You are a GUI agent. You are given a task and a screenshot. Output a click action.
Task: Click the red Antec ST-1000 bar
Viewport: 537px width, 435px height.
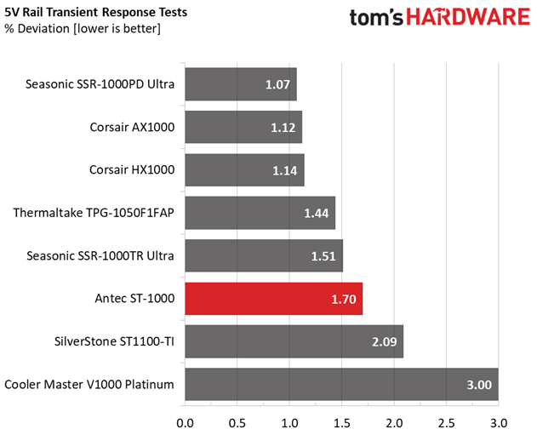pos(274,299)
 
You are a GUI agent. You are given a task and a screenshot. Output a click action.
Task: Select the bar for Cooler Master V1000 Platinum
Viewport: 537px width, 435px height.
pos(341,384)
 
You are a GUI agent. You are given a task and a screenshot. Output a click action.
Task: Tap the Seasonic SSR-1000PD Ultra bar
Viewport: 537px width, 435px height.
pos(241,84)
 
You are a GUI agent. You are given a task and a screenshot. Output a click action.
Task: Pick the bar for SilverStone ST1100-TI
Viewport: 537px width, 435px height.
pos(294,341)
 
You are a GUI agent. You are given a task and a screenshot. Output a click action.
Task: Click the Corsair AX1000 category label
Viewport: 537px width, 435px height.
pos(132,127)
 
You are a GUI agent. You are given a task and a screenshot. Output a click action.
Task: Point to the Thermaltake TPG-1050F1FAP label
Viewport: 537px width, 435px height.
pos(94,213)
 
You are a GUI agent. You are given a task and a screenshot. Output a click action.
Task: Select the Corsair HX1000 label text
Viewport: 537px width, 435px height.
pos(132,169)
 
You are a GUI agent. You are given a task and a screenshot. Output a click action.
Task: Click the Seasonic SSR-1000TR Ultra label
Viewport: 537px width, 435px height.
pos(100,255)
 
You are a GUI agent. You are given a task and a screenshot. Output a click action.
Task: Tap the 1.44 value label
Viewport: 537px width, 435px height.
pos(317,213)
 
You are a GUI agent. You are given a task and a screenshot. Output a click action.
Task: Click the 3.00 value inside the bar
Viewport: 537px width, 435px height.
pos(479,385)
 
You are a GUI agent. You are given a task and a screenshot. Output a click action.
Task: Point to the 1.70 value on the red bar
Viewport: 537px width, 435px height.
pos(344,299)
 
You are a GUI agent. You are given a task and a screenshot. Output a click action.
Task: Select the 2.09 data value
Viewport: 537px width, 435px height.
pos(385,342)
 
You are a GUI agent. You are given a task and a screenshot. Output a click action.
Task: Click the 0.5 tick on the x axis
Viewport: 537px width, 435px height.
pos(237,423)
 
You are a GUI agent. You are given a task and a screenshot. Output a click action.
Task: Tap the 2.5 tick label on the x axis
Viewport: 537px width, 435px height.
pos(446,423)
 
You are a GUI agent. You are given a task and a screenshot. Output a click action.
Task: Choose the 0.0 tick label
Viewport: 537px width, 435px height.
pos(185,423)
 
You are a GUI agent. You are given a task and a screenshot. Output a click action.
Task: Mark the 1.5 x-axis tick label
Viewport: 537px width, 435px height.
pos(341,423)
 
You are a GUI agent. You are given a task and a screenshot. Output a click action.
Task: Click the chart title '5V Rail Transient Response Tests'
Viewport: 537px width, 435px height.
pos(96,12)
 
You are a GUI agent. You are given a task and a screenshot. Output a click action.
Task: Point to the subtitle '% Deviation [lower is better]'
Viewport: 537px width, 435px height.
pos(83,29)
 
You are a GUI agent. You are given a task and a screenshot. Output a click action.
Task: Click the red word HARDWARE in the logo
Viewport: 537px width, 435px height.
pos(468,17)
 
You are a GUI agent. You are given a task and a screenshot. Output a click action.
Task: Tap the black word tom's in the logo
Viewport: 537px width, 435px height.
pos(375,18)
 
